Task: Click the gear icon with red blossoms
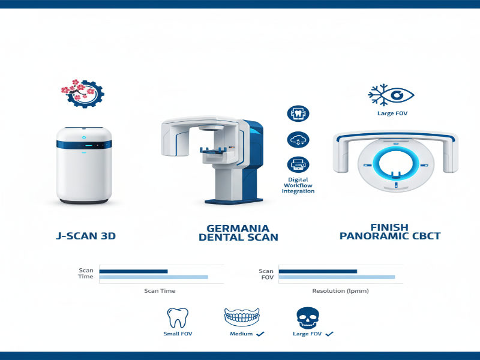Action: coord(82,93)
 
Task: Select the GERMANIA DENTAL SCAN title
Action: coord(238,232)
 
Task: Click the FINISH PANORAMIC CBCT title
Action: coord(390,232)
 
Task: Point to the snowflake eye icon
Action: coord(391,94)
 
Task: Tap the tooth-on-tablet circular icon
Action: coord(298,113)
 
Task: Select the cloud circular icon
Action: coord(298,139)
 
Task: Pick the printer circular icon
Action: coord(298,164)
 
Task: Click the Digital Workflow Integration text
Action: coord(298,185)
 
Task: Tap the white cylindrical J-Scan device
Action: coord(83,165)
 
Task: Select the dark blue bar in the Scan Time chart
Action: coord(133,271)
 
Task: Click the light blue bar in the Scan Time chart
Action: coord(154,277)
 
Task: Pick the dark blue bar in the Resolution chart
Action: coord(318,271)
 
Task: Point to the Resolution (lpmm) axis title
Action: coord(340,291)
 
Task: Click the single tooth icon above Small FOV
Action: coord(178,317)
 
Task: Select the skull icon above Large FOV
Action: coord(307,317)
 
